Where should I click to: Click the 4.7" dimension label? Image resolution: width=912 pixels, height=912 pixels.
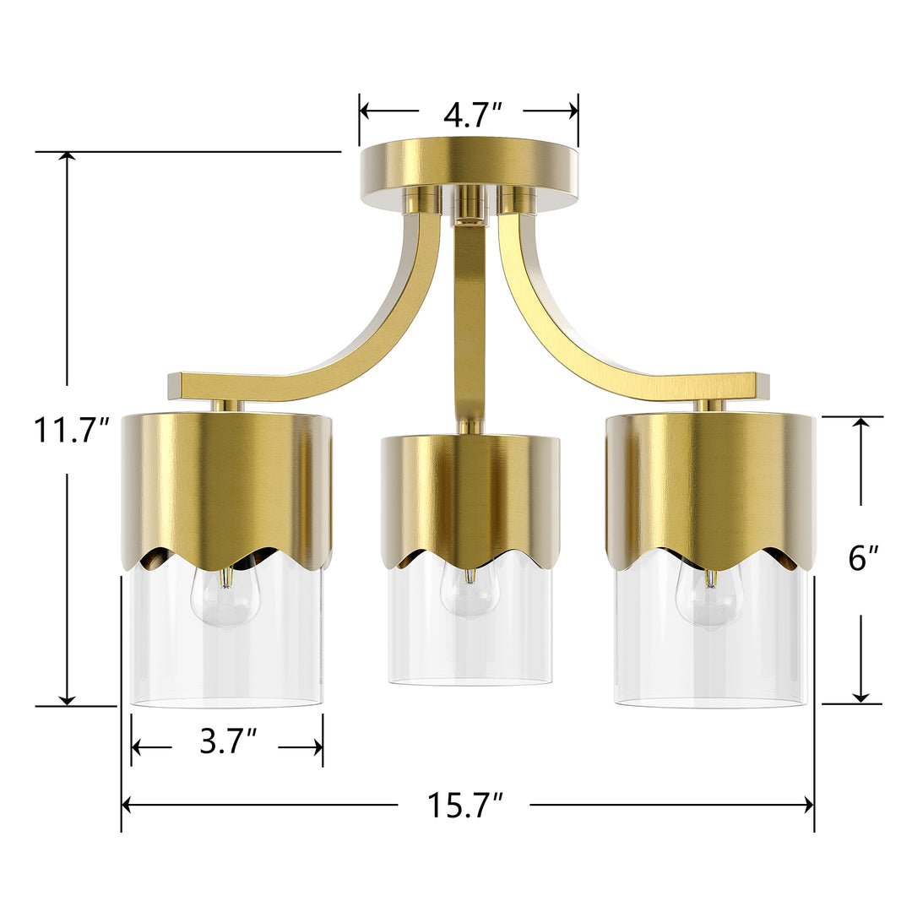tap(472, 113)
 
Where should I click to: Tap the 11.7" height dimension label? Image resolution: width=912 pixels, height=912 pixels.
tap(72, 430)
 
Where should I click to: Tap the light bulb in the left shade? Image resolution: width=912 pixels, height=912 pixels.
tap(223, 594)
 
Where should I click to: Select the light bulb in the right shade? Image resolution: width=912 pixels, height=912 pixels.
tap(710, 596)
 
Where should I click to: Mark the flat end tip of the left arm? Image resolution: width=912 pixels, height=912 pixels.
tap(176, 386)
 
